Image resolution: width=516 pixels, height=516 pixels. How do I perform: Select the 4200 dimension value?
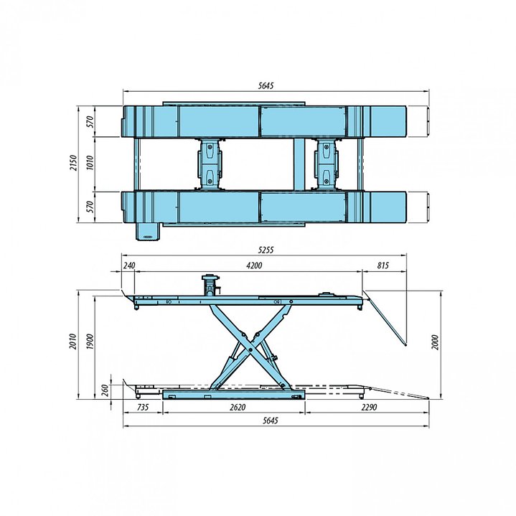pos(254,265)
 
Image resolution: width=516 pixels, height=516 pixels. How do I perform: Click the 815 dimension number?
pos(383,265)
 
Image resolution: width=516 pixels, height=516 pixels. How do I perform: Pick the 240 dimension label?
pos(129,265)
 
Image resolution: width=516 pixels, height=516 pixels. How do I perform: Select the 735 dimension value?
pos(143,408)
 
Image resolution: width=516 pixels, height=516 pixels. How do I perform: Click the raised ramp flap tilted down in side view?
pos(386,317)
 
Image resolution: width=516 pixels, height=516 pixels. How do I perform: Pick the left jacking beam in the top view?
pos(209,164)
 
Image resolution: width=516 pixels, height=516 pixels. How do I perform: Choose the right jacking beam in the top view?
pos(327,164)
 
